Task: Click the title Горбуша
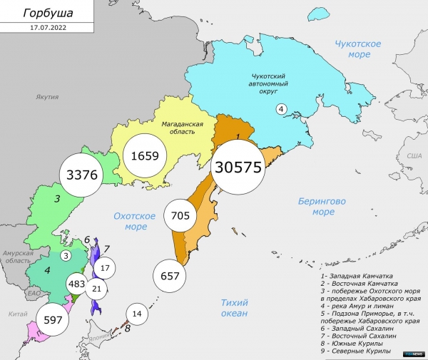click(47, 14)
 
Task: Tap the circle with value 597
click(54, 319)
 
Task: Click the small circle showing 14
click(137, 314)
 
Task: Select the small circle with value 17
click(105, 269)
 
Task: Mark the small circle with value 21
click(97, 289)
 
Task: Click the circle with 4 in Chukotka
click(281, 108)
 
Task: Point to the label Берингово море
click(322, 207)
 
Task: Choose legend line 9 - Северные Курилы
click(355, 351)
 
